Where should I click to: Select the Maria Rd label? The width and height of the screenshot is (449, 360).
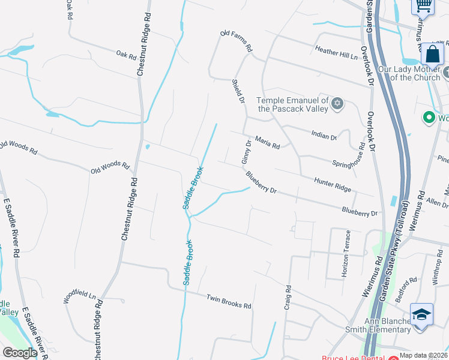267,142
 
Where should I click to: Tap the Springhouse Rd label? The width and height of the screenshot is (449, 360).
349,155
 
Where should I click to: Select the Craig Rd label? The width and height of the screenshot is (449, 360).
288,297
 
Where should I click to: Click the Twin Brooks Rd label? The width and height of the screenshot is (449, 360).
229,301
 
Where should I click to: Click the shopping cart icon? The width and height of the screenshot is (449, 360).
423,6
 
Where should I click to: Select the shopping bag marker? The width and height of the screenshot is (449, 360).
432,55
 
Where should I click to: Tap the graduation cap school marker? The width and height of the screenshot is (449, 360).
421,314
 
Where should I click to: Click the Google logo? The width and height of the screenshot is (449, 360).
20,353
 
